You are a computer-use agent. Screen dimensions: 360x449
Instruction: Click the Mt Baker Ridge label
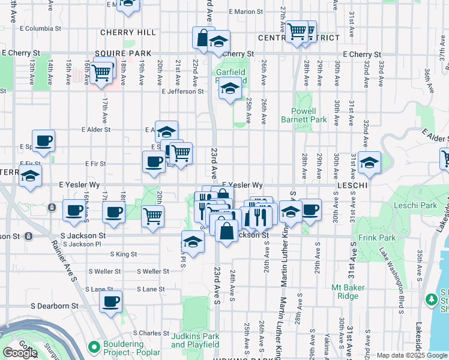[348, 292]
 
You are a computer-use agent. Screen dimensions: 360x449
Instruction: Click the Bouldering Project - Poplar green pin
[93, 347]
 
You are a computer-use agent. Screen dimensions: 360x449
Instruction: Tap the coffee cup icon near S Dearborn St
[110, 302]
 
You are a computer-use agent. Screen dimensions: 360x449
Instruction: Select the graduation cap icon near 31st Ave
[370, 162]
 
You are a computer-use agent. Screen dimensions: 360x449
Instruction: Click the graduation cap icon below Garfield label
[229, 89]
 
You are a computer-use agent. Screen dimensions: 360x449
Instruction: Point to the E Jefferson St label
[182, 92]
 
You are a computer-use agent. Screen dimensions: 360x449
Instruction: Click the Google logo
[20, 353]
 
